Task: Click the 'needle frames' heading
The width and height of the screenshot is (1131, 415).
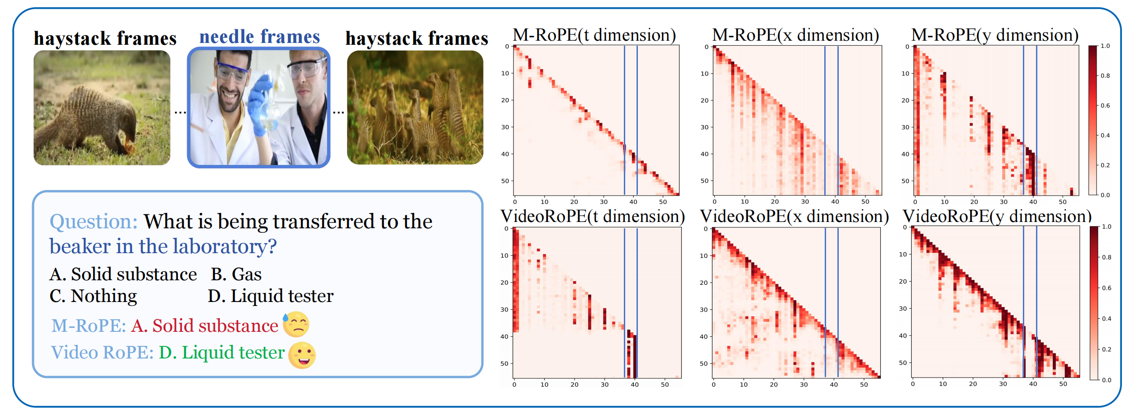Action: click(259, 37)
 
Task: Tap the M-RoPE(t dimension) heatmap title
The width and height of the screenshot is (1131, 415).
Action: click(594, 35)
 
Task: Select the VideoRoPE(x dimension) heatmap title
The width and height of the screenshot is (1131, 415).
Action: click(794, 217)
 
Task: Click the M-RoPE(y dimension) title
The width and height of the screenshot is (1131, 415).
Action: click(994, 35)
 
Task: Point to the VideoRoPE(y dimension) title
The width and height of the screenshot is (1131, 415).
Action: click(997, 217)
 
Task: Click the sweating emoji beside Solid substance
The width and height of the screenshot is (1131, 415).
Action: click(296, 325)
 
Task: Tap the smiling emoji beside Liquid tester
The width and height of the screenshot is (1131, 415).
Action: click(302, 355)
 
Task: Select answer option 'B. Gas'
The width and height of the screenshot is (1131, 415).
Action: click(236, 274)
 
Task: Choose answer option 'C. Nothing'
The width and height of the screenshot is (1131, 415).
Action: click(93, 296)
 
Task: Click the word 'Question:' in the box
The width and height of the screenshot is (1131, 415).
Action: click(94, 222)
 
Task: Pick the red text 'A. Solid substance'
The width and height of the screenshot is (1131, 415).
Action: click(204, 326)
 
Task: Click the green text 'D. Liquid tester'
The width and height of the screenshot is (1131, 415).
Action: click(222, 353)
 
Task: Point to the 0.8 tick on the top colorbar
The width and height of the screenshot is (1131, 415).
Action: click(1105, 76)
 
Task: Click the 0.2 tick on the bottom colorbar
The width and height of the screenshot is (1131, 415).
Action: click(1107, 349)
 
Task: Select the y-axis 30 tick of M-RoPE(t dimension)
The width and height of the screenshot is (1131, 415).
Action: click(505, 127)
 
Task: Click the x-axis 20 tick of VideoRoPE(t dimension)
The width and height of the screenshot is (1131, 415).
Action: click(575, 385)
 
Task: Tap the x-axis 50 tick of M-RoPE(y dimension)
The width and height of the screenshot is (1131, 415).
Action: click(1063, 202)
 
